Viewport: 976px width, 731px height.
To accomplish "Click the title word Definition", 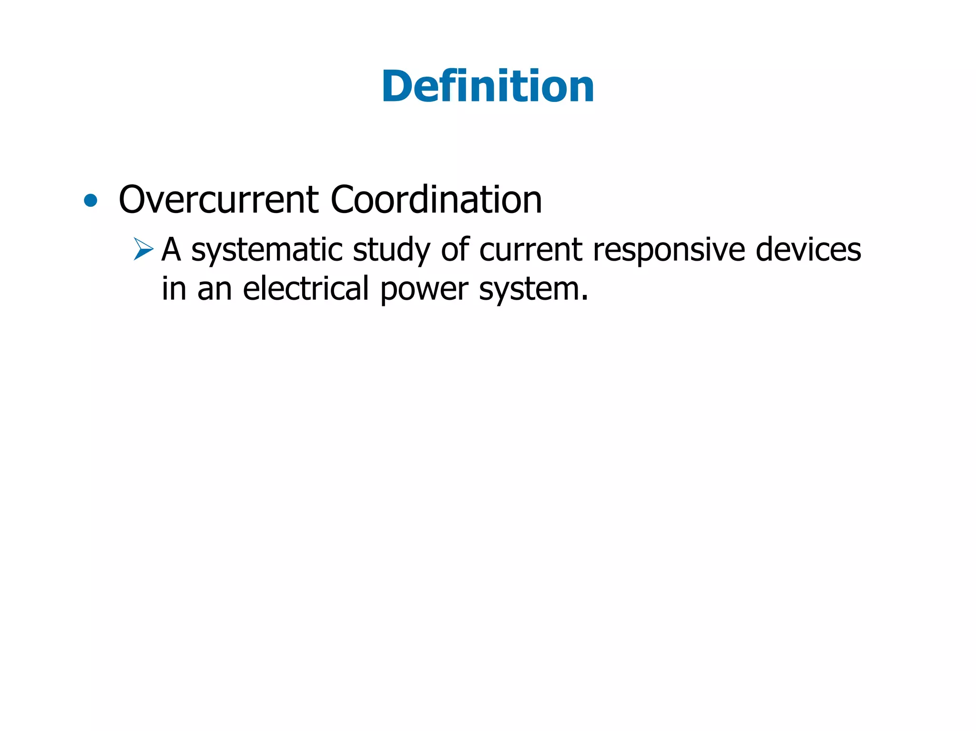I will coord(488,86).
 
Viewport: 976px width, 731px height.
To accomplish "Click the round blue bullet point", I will coord(90,201).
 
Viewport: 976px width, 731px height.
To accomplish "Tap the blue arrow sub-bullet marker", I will coord(143,249).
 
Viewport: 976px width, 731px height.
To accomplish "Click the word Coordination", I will coord(436,199).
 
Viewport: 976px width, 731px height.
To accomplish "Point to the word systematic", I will coord(266,250).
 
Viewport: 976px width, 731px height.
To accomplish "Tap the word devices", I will coord(808,250).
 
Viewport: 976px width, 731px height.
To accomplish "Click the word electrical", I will coord(305,289).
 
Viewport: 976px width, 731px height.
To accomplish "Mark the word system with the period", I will coord(532,289).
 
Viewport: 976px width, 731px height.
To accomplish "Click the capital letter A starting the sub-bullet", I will coord(172,250).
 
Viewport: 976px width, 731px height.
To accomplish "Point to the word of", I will coord(455,250).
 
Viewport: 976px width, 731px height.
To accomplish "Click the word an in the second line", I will coord(214,289).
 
